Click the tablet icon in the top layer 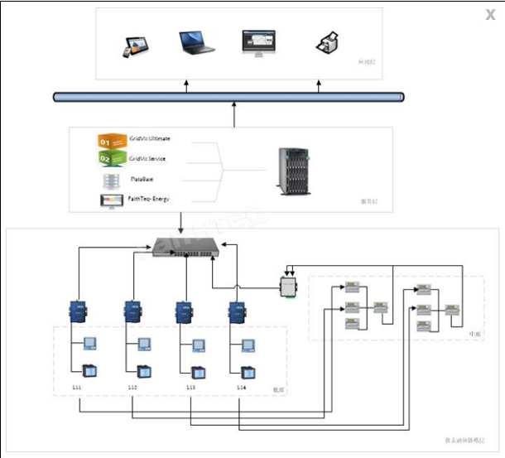(x=133, y=46)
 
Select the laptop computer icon (x=196, y=43)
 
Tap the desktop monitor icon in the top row (x=257, y=43)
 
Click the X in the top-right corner (x=491, y=15)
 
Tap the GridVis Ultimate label (x=151, y=138)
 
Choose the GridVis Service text (x=148, y=158)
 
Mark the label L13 (x=190, y=387)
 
